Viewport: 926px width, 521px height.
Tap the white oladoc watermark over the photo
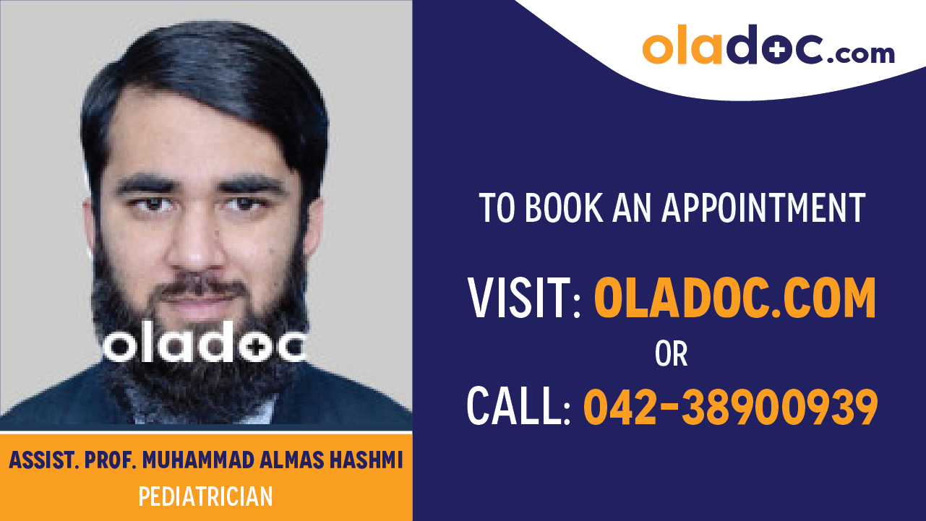[x=205, y=347]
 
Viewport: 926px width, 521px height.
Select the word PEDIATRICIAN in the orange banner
[x=206, y=497]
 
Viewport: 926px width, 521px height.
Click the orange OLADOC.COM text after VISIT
[x=735, y=298]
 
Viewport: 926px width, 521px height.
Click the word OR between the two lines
[x=671, y=354]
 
